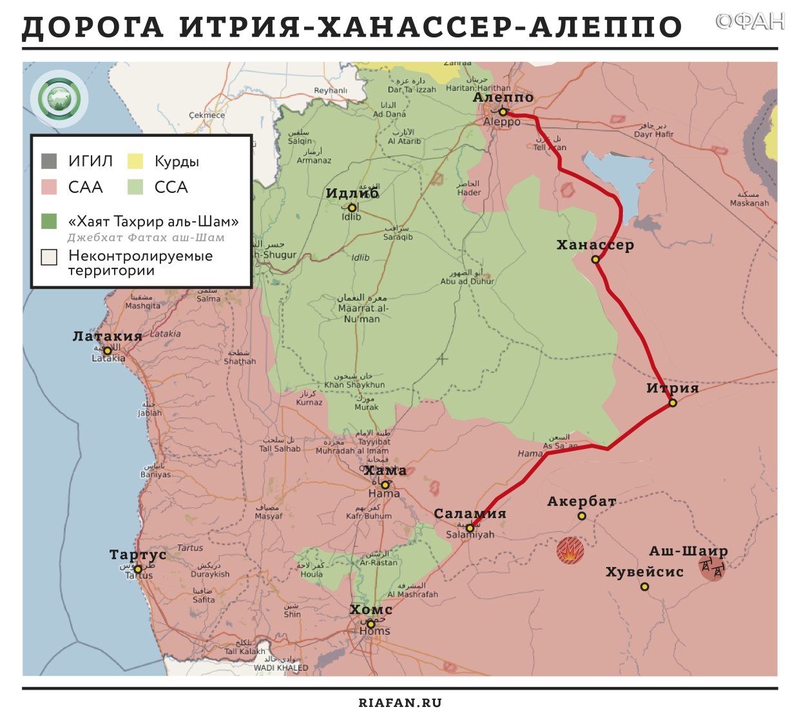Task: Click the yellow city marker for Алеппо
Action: [503, 112]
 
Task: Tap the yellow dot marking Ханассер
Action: [595, 259]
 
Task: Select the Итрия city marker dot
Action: [673, 403]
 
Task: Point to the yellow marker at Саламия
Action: [470, 528]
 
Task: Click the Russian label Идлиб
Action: [352, 194]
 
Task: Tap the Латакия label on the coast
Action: [107, 336]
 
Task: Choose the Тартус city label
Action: [138, 555]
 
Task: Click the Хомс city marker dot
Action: [371, 624]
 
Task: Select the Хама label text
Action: [385, 471]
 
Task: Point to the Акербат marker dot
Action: [581, 516]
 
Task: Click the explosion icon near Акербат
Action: [570, 551]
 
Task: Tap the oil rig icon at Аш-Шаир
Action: [712, 568]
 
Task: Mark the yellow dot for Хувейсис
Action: [644, 586]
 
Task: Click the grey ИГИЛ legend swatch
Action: [49, 161]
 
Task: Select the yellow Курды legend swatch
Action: [135, 161]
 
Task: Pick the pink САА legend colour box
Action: [49, 187]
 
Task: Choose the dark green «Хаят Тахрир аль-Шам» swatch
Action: [49, 222]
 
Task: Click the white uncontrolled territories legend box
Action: [49, 257]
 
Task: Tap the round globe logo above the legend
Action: [59, 99]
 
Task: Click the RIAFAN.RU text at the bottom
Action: [400, 703]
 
